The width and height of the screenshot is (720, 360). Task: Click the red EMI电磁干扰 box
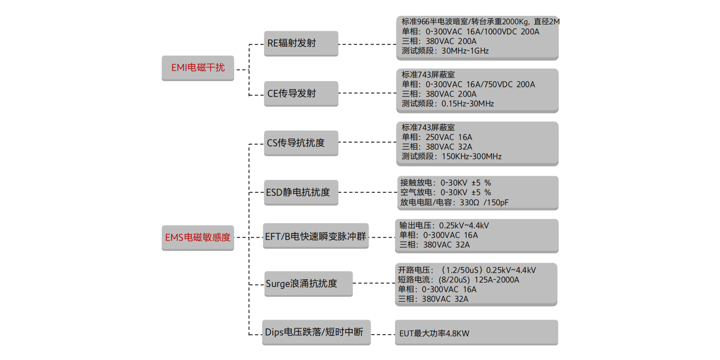click(x=198, y=68)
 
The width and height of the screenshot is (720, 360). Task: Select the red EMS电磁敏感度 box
click(x=198, y=237)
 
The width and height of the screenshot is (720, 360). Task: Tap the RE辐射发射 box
click(x=301, y=43)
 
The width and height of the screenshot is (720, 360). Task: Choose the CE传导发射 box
click(x=301, y=94)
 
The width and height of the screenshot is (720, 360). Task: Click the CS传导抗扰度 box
click(x=301, y=143)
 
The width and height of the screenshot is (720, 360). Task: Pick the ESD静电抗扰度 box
click(x=301, y=192)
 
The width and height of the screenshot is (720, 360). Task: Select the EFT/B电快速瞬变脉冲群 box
click(x=316, y=236)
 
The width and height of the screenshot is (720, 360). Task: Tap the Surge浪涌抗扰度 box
click(x=307, y=284)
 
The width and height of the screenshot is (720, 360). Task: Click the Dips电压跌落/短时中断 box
click(x=316, y=332)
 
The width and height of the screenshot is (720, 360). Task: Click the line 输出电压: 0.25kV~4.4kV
click(x=444, y=226)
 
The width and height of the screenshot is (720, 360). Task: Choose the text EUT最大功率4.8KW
click(x=434, y=333)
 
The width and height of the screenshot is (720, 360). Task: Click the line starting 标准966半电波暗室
click(x=480, y=22)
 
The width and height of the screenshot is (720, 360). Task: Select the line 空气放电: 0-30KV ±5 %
click(x=445, y=192)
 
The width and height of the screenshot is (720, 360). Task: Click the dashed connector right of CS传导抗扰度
click(x=367, y=143)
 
